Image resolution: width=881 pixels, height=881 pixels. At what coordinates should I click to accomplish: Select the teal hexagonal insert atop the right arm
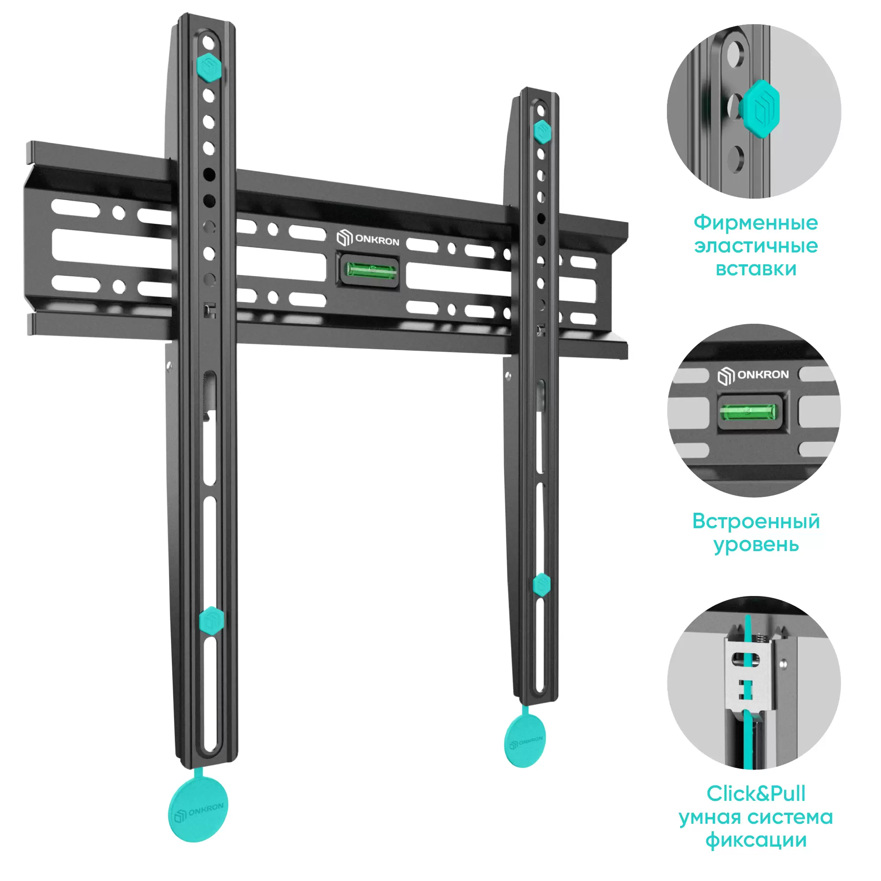tap(542, 132)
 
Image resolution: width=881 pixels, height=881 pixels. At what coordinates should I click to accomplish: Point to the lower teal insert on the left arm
tap(211, 620)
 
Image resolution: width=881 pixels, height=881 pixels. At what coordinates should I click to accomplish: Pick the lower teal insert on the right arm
tap(542, 585)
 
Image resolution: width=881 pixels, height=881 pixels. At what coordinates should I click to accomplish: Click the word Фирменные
tap(756, 223)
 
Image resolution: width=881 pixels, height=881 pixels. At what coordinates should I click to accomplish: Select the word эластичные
tap(756, 246)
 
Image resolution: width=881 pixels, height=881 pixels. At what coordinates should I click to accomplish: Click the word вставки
tap(756, 269)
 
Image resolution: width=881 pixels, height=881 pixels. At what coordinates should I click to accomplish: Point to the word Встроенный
tap(756, 521)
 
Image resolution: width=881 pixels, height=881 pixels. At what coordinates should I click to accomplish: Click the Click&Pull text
tap(756, 794)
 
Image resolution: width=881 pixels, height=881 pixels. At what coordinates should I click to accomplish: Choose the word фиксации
tap(756, 840)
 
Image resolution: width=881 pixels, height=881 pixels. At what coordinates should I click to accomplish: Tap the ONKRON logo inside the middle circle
tap(753, 375)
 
